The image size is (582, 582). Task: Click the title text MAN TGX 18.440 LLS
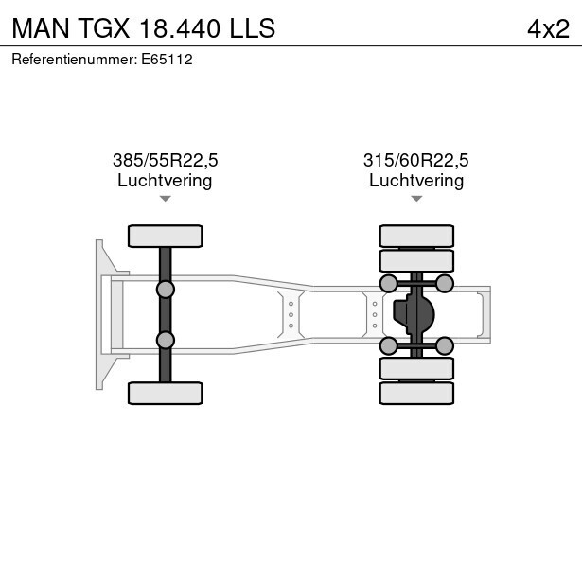(x=144, y=28)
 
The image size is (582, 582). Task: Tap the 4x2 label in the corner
(x=548, y=29)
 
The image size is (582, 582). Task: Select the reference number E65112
(x=167, y=60)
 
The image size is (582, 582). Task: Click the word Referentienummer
(x=75, y=60)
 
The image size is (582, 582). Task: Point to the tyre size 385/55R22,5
(x=166, y=160)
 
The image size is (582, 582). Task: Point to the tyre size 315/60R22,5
(x=416, y=160)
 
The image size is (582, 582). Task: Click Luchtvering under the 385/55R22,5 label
(x=165, y=181)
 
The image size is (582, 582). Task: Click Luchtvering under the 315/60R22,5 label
(x=416, y=181)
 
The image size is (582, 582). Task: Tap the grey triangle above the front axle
(x=166, y=199)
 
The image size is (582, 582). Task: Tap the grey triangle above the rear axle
(x=416, y=199)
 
